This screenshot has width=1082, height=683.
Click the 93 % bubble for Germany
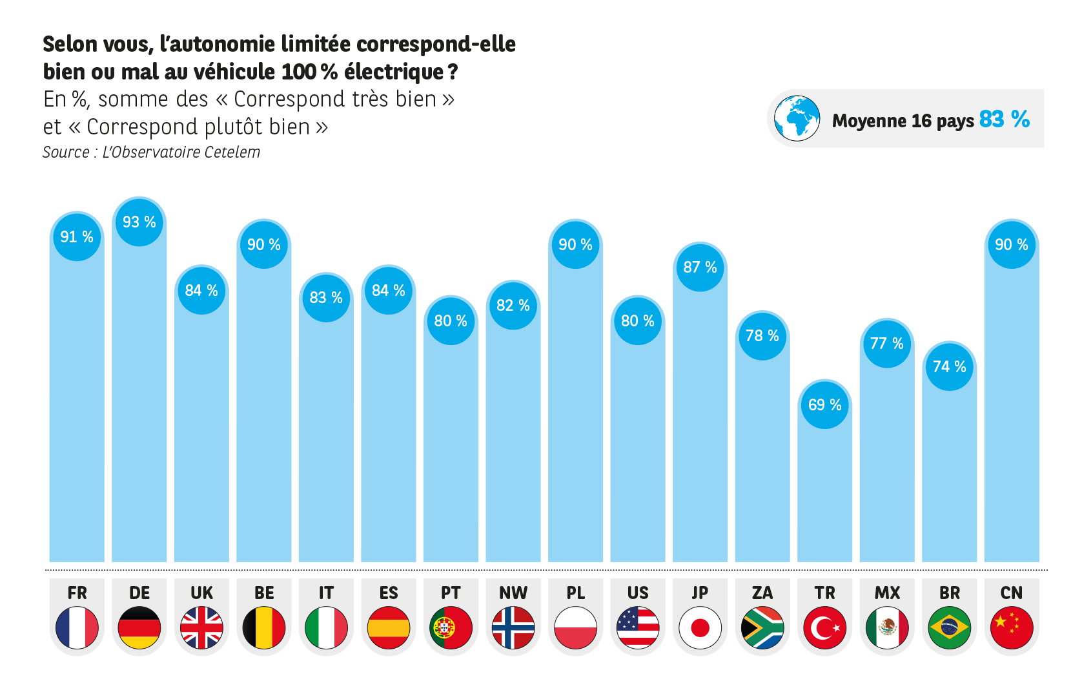(139, 222)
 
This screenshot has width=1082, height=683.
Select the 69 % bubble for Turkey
(824, 405)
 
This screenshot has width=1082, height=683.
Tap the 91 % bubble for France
(77, 237)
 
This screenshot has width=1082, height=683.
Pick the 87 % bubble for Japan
(700, 268)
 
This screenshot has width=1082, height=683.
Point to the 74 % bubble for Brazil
(949, 367)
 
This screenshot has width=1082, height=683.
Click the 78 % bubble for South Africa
(762, 336)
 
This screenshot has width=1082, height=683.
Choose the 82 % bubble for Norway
(513, 306)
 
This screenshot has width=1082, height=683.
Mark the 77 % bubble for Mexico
(887, 344)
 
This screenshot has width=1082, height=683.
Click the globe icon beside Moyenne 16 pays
(797, 118)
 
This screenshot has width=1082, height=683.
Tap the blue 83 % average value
(1004, 120)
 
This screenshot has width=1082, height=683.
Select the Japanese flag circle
(700, 627)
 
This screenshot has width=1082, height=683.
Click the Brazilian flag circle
(949, 627)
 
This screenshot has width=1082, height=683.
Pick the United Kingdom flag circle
(201, 627)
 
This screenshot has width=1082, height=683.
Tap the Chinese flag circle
(1012, 627)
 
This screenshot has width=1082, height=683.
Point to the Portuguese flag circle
(451, 627)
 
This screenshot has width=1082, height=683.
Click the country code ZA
(762, 593)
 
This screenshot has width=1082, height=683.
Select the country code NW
(513, 593)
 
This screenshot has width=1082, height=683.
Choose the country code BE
(264, 593)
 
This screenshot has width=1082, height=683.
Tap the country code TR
(824, 593)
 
